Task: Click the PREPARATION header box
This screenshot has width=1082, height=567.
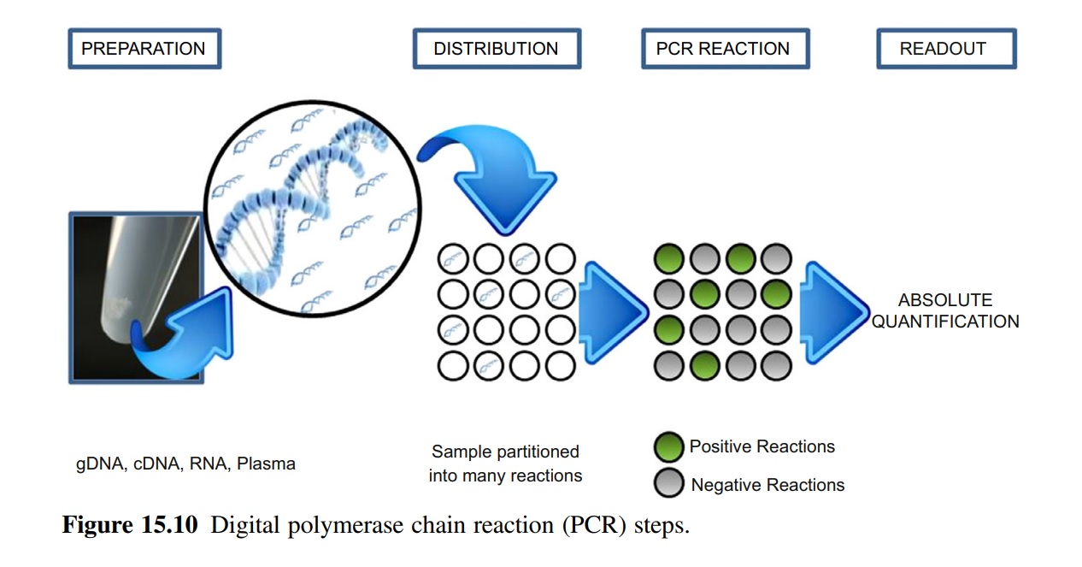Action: point(144,49)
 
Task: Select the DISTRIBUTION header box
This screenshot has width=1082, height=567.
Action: point(496,49)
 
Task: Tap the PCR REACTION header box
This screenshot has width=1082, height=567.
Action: point(723,49)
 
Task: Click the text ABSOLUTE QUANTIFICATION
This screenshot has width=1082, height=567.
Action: point(945,311)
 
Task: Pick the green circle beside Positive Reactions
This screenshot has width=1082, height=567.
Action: point(668,446)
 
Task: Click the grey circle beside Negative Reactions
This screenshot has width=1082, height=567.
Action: point(668,484)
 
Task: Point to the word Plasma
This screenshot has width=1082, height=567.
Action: point(267,464)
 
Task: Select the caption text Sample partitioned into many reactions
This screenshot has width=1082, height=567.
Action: point(505,464)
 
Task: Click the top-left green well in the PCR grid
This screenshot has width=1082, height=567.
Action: point(668,258)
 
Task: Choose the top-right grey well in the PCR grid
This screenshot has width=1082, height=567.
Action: point(777,258)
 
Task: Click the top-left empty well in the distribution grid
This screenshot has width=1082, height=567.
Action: point(453,258)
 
